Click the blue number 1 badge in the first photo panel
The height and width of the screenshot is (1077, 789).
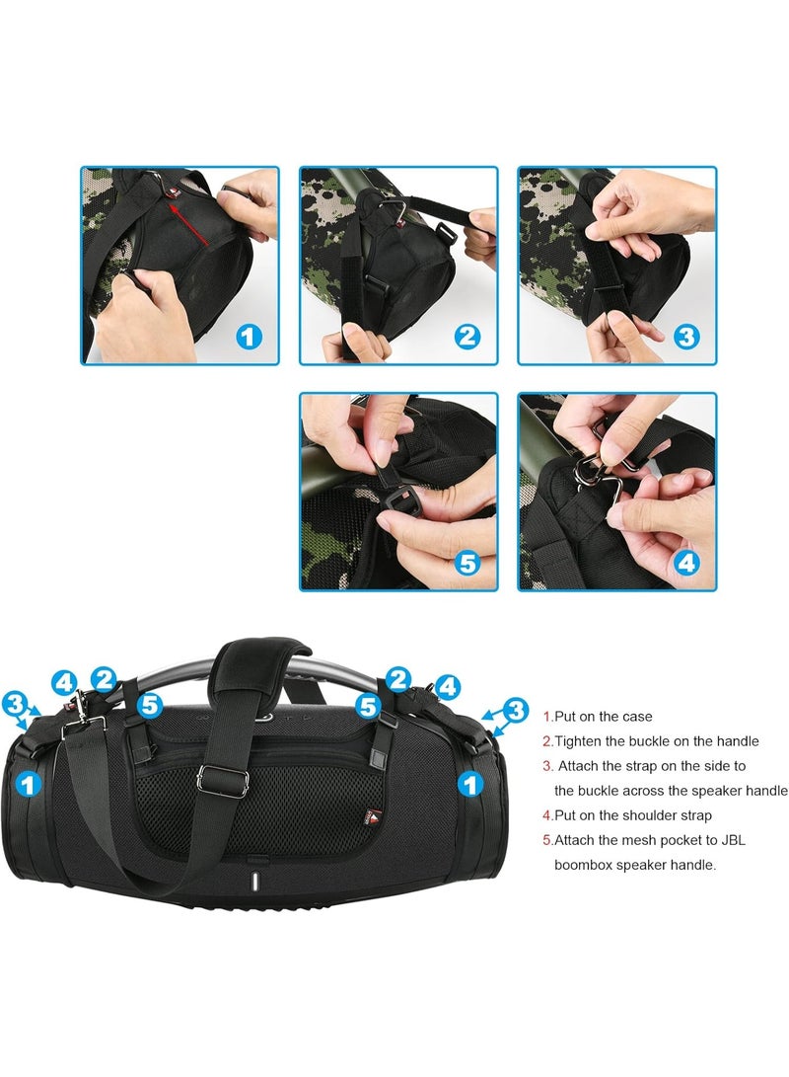250,337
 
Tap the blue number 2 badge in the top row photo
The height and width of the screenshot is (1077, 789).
467,337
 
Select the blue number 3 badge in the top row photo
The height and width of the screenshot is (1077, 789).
686,337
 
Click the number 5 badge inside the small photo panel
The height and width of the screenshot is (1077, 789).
467,564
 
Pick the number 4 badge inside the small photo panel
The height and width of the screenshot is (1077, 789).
686,564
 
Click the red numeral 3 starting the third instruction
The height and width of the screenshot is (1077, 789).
547,766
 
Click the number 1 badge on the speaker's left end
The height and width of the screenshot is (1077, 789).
31,785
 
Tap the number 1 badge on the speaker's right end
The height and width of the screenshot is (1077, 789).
472,785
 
